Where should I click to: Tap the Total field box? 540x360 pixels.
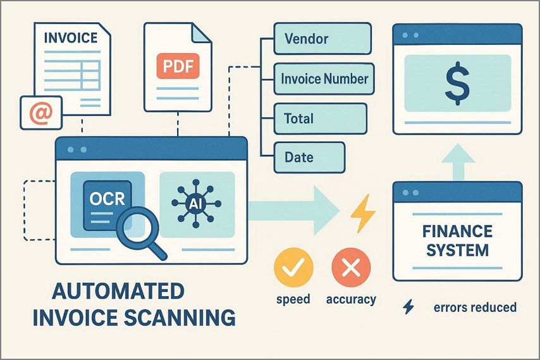(319, 118)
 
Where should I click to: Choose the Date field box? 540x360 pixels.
(309, 158)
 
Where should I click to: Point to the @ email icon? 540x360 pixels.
(40, 113)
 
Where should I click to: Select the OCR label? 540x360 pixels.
(107, 199)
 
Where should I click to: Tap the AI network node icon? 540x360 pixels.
(195, 203)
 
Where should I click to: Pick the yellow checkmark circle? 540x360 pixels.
(293, 270)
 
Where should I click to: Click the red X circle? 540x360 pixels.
(350, 270)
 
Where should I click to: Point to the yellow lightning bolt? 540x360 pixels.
(363, 213)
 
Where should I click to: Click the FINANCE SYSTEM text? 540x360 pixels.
(457, 241)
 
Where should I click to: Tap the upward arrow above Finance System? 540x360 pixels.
(457, 160)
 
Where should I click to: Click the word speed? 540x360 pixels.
(293, 299)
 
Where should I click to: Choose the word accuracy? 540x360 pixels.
(350, 299)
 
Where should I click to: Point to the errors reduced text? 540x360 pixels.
(475, 307)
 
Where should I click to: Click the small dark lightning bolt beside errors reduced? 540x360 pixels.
(408, 307)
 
